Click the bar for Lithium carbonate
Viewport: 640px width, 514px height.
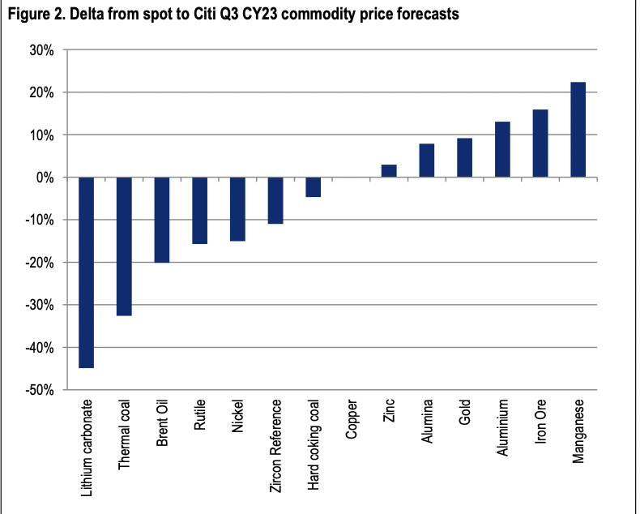click(86, 272)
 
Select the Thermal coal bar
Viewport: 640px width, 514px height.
click(124, 246)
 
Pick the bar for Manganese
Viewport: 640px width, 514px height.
click(578, 130)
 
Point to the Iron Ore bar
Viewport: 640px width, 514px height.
click(540, 143)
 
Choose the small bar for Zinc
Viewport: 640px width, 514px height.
click(389, 171)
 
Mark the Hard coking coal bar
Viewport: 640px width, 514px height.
click(313, 187)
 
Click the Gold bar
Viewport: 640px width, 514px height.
click(464, 157)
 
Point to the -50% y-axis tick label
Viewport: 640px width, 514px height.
click(39, 390)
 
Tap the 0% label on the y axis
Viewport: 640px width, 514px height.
click(44, 178)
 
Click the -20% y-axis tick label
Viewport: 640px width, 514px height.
click(39, 263)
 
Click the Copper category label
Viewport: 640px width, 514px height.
click(351, 419)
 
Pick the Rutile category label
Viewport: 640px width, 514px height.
click(199, 414)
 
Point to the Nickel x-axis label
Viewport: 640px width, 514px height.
click(237, 415)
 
